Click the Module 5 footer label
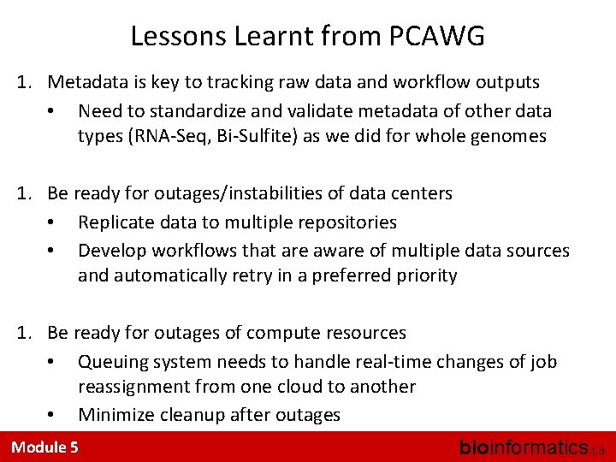pos(44,447)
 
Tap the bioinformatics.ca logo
pos(530,447)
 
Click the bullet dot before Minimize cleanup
pos(52,416)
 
